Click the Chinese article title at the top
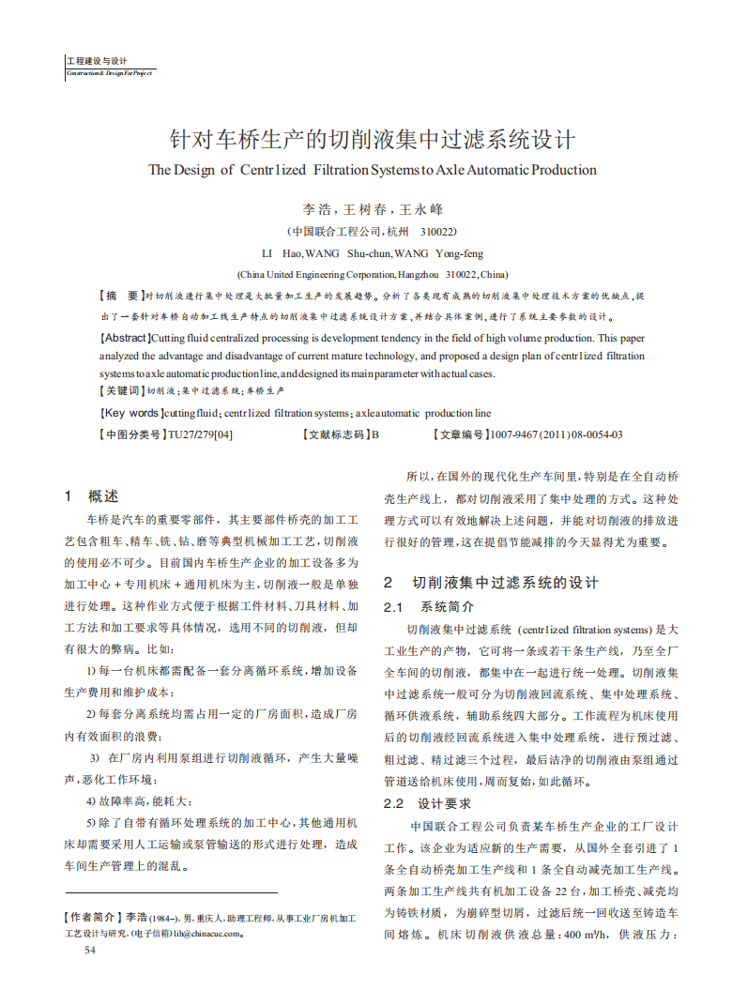click(x=371, y=140)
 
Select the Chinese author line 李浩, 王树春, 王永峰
click(x=372, y=209)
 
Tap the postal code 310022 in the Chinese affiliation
click(x=438, y=231)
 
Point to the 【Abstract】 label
click(x=125, y=338)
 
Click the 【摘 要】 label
click(x=122, y=295)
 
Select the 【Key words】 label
click(x=131, y=413)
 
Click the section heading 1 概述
click(x=91, y=496)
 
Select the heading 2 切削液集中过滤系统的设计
click(x=491, y=583)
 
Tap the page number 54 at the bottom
click(x=90, y=950)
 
